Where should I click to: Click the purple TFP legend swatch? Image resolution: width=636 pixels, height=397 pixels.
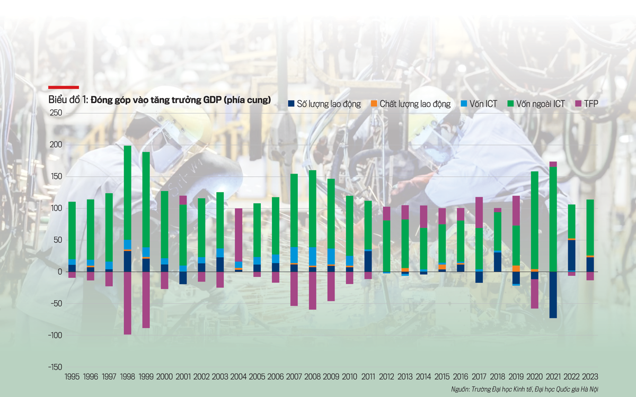[578, 104]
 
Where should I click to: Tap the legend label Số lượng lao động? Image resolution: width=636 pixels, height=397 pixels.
[329, 104]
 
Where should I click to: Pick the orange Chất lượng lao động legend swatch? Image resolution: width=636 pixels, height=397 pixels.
[374, 104]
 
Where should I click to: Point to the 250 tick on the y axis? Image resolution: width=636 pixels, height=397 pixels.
[56, 113]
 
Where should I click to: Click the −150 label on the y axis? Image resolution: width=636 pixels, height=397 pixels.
[55, 367]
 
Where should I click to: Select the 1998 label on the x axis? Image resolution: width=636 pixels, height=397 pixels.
[128, 376]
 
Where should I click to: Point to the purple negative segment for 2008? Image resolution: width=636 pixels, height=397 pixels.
[313, 291]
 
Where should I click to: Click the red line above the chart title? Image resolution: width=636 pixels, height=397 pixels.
[64, 87]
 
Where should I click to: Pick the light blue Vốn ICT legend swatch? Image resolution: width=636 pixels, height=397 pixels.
[465, 104]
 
